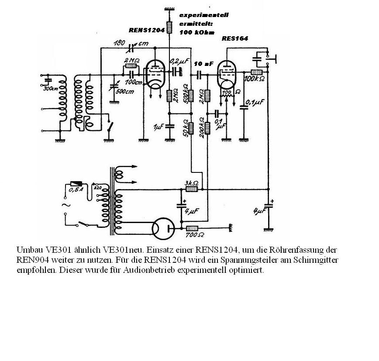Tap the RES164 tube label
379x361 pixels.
(x=235, y=38)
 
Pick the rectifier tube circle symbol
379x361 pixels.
(x=162, y=228)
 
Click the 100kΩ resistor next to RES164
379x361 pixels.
(x=256, y=72)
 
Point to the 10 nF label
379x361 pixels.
(x=203, y=64)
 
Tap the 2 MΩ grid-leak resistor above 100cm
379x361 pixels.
(x=131, y=66)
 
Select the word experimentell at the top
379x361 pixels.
(x=203, y=15)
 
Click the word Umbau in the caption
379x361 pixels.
(x=27, y=250)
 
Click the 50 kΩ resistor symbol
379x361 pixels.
(x=191, y=127)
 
